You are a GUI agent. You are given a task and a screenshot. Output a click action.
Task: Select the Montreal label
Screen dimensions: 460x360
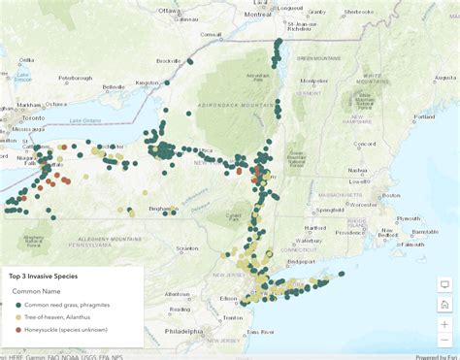point(257,15)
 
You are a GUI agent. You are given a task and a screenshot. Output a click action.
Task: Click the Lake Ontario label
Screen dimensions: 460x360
point(86,120)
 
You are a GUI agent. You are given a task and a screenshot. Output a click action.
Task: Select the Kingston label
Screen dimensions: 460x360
point(147,82)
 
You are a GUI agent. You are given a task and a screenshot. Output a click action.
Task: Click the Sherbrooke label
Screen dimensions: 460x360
point(358,13)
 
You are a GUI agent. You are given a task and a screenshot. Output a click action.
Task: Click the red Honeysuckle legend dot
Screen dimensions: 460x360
point(17,330)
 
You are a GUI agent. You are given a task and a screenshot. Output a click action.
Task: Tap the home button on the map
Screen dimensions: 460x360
point(444,305)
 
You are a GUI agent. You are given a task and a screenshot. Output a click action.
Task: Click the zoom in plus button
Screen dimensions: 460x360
point(444,324)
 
